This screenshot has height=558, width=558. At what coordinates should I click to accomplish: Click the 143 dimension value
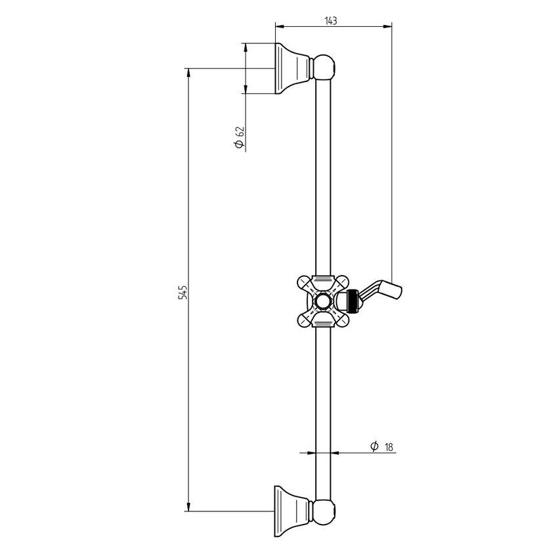[331, 21]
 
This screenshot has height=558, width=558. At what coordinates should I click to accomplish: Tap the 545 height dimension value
[183, 292]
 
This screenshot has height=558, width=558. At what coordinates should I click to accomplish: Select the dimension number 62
[240, 131]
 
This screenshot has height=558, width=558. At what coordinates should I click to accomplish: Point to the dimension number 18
[389, 446]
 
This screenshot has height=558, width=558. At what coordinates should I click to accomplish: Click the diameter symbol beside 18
[374, 446]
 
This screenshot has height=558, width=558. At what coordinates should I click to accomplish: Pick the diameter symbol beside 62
[239, 144]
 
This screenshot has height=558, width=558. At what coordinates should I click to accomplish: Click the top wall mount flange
[292, 68]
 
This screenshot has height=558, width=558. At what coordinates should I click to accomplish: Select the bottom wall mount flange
[292, 511]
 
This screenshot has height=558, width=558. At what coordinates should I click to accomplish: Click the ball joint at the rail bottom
[324, 511]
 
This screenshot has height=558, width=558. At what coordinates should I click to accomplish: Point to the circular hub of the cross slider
[323, 301]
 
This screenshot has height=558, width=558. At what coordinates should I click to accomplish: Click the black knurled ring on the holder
[353, 301]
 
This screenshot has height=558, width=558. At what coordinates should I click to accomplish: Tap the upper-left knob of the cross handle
[305, 284]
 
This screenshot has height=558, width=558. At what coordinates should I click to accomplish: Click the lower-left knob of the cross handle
[305, 319]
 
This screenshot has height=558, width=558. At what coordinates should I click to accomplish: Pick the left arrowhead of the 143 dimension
[280, 26]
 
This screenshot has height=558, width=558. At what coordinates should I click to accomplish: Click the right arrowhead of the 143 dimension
[387, 26]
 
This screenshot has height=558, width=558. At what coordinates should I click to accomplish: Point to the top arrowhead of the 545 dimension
[188, 73]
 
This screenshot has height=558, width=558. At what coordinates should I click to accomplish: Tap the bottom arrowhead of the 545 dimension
[188, 507]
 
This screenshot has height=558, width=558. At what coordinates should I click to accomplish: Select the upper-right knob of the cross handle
[341, 284]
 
